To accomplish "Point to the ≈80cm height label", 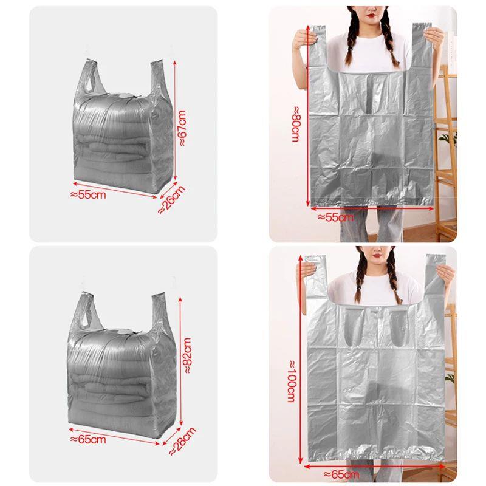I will pyautogui.click(x=295, y=128).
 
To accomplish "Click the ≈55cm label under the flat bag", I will pyautogui.click(x=335, y=217).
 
